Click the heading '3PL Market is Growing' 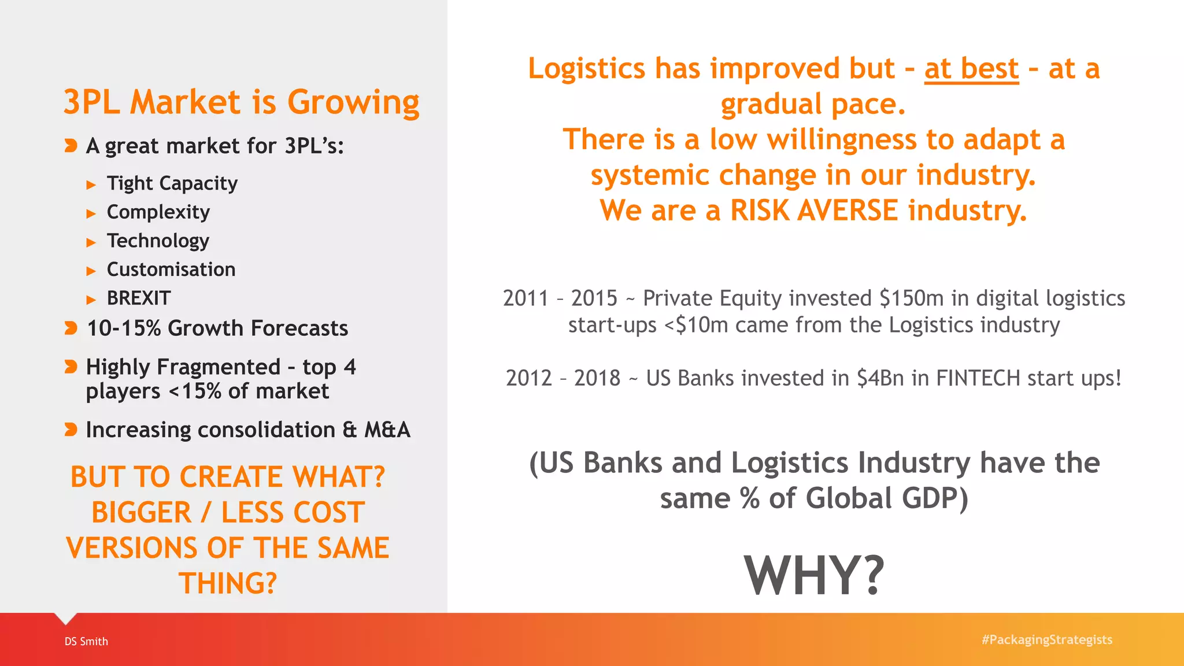(x=241, y=102)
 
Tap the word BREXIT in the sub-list (x=139, y=298)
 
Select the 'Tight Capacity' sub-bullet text (x=172, y=183)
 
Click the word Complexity (x=158, y=212)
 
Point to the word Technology (x=158, y=240)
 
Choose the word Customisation (x=171, y=269)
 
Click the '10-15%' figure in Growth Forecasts (x=124, y=328)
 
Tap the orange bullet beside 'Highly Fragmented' (x=71, y=367)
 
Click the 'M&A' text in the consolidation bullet (x=387, y=430)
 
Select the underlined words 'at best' (x=971, y=69)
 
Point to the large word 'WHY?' (x=813, y=576)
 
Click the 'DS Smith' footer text (x=86, y=641)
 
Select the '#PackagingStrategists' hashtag (x=1046, y=640)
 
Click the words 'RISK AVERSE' (x=813, y=210)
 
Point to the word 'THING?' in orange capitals (x=228, y=583)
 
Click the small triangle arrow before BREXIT (x=91, y=299)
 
